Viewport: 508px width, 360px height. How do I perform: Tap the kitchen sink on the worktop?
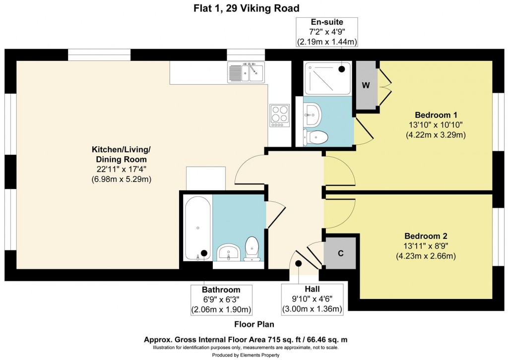tap(247, 72)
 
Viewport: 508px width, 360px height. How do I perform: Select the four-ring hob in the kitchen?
tap(279, 115)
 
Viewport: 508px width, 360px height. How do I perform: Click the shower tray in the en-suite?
tap(327, 78)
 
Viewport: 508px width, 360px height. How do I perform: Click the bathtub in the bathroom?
tap(197, 228)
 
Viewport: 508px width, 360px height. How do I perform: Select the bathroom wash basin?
tap(228, 252)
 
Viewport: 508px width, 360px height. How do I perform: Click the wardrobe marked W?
tap(366, 85)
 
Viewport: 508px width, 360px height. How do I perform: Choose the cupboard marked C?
tap(340, 253)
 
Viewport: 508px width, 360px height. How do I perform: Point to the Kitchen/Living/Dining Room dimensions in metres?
tap(121, 179)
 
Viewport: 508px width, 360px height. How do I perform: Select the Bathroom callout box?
tap(221, 300)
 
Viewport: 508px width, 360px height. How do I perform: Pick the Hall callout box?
tap(313, 300)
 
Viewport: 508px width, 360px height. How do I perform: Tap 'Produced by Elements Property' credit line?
tap(246, 355)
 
